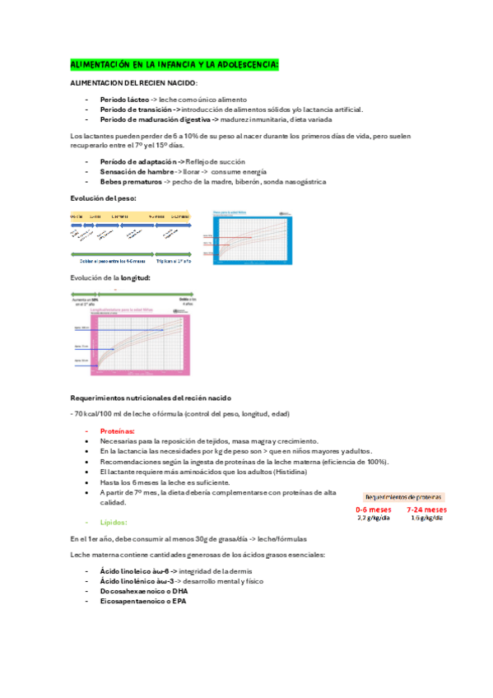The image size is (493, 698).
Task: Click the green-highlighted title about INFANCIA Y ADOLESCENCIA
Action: (174, 64)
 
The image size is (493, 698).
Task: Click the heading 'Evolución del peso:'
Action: (104, 198)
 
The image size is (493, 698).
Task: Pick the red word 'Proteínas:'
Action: (118, 431)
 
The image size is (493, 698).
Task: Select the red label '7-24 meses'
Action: (427, 510)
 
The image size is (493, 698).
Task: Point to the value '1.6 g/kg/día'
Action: (427, 519)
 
